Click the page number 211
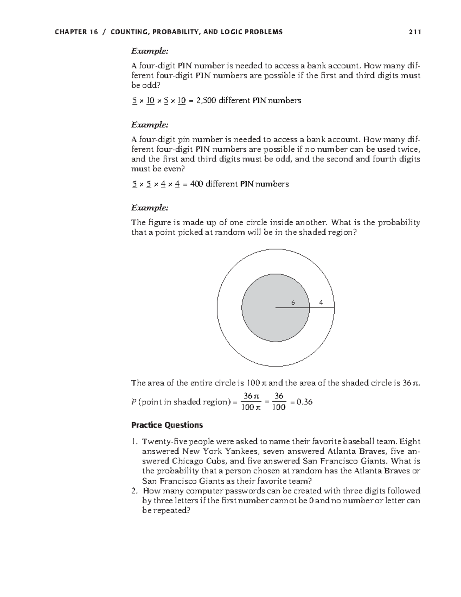tap(415, 32)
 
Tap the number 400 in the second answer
tap(197, 184)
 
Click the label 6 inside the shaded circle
tap(293, 303)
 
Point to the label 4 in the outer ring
tap(321, 303)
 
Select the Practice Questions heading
tap(167, 425)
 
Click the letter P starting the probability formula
tap(133, 402)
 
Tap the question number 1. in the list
tap(134, 441)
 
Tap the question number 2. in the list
tap(134, 491)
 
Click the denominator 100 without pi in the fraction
tap(279, 408)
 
